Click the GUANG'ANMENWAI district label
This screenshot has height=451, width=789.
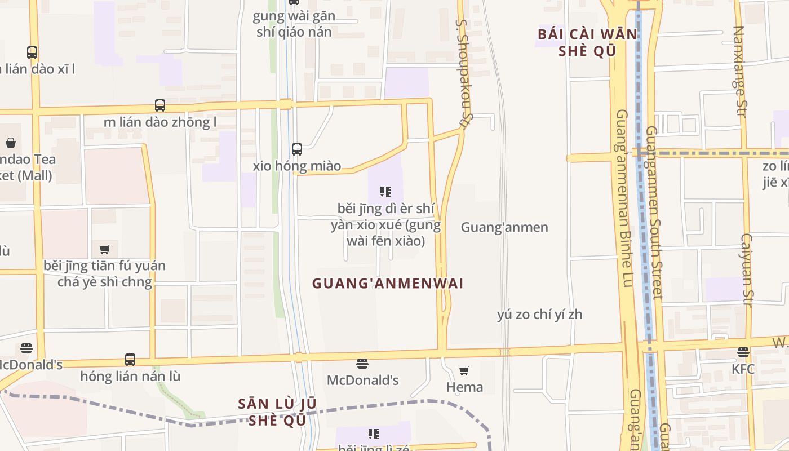(x=388, y=283)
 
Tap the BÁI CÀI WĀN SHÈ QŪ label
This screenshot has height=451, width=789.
(x=587, y=42)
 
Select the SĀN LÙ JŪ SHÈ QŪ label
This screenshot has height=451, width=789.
(x=277, y=412)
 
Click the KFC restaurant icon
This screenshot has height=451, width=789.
(x=743, y=352)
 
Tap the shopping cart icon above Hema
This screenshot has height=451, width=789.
(x=464, y=370)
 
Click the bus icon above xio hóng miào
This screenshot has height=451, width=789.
(x=297, y=149)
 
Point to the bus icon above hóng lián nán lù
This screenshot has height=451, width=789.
(x=130, y=359)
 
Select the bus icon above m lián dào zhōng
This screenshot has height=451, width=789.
(x=160, y=105)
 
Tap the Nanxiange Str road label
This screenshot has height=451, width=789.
(x=739, y=72)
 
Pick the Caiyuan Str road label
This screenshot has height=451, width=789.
(x=747, y=271)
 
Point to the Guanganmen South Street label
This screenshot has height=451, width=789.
(x=653, y=211)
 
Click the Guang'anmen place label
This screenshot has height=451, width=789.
(x=504, y=227)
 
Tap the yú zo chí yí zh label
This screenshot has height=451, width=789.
(x=539, y=315)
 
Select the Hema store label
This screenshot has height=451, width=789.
(x=464, y=387)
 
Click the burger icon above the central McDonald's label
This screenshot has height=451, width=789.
(x=362, y=364)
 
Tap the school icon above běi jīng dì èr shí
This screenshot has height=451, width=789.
(x=385, y=192)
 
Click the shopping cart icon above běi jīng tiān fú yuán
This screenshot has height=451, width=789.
(x=104, y=249)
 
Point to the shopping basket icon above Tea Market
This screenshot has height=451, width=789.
(x=11, y=143)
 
